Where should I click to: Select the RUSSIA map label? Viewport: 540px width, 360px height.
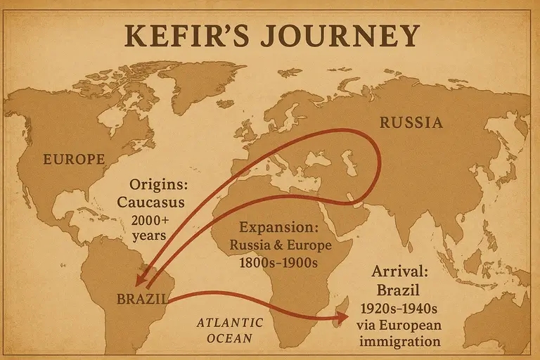411,123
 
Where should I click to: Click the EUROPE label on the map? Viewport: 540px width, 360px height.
74,159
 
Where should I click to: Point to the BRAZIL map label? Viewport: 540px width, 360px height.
142,300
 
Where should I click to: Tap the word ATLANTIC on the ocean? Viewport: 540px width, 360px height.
230,323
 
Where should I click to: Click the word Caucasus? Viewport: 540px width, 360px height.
156,202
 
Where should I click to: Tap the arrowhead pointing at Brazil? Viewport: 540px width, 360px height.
141,282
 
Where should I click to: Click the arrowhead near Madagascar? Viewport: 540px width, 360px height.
342,318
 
